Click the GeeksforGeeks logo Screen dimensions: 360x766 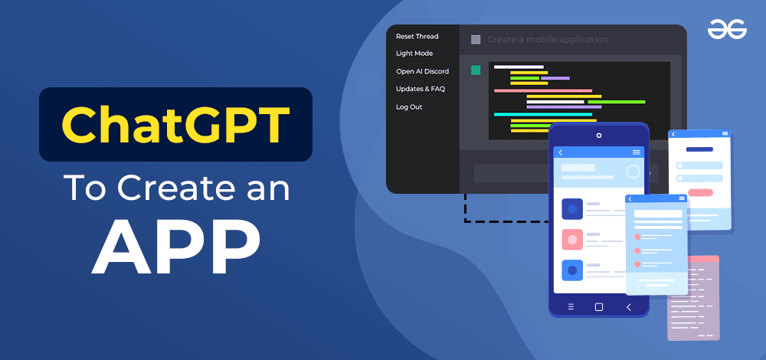[726, 29]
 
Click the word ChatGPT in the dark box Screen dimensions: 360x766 [175, 124]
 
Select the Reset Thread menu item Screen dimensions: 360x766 [417, 36]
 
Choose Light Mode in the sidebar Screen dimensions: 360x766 [414, 54]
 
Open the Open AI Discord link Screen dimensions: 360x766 [422, 71]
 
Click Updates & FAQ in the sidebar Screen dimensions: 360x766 [420, 89]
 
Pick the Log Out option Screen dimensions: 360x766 [408, 107]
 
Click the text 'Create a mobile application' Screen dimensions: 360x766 [547, 39]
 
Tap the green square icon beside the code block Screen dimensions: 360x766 [476, 70]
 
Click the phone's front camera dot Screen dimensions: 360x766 [599, 136]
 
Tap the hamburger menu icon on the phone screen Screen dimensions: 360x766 [637, 152]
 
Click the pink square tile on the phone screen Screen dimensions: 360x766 [572, 239]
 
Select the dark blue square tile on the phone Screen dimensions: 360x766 [572, 208]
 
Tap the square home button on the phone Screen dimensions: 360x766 [599, 307]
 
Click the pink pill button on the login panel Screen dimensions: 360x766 [700, 192]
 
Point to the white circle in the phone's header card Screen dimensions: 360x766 [633, 172]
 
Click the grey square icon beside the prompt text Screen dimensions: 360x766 [476, 39]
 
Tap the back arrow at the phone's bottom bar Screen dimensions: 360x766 [629, 307]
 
